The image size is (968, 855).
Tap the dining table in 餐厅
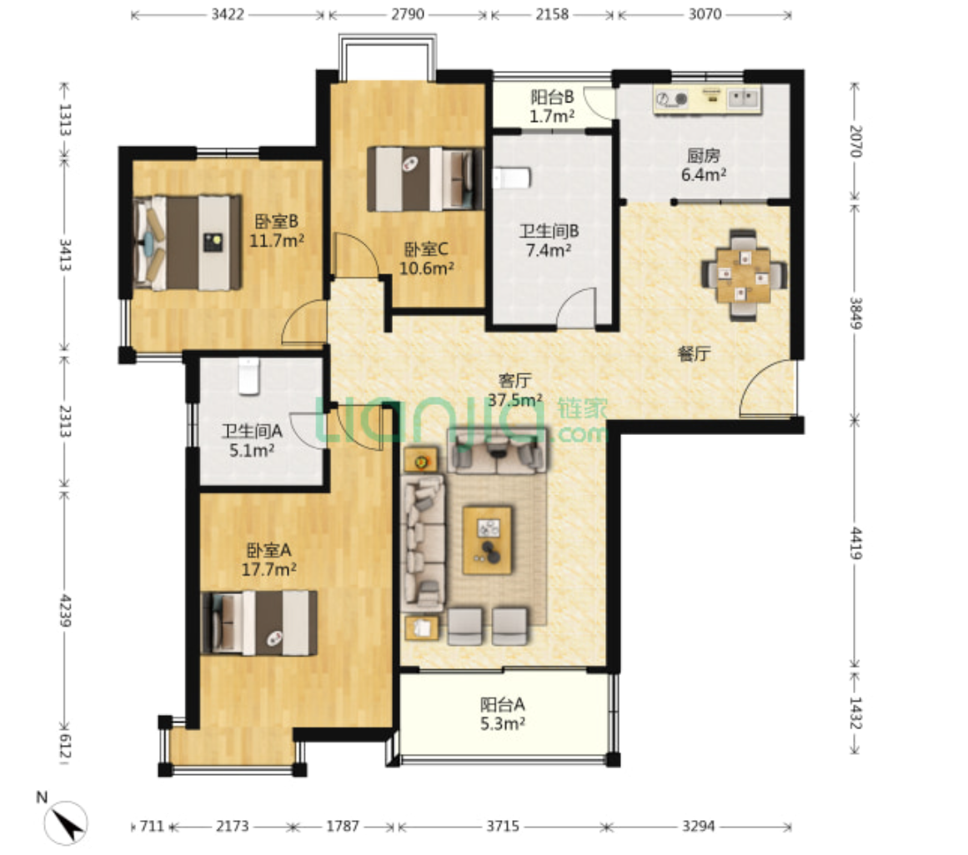click(x=743, y=275)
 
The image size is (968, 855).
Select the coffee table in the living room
click(x=488, y=540)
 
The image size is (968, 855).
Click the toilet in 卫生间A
click(x=248, y=376)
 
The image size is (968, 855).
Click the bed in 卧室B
click(x=188, y=242)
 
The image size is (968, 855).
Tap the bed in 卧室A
click(x=260, y=622)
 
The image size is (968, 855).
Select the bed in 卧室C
click(x=425, y=179)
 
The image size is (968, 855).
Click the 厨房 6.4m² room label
click(x=703, y=165)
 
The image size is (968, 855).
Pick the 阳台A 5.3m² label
click(x=503, y=713)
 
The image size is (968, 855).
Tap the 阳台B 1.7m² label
click(x=553, y=106)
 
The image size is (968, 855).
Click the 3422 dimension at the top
click(x=228, y=14)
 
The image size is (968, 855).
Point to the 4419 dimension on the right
click(x=855, y=542)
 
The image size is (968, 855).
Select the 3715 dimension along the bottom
click(x=503, y=826)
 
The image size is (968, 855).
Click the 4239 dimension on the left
click(x=64, y=611)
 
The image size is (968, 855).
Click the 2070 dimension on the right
click(x=855, y=142)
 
